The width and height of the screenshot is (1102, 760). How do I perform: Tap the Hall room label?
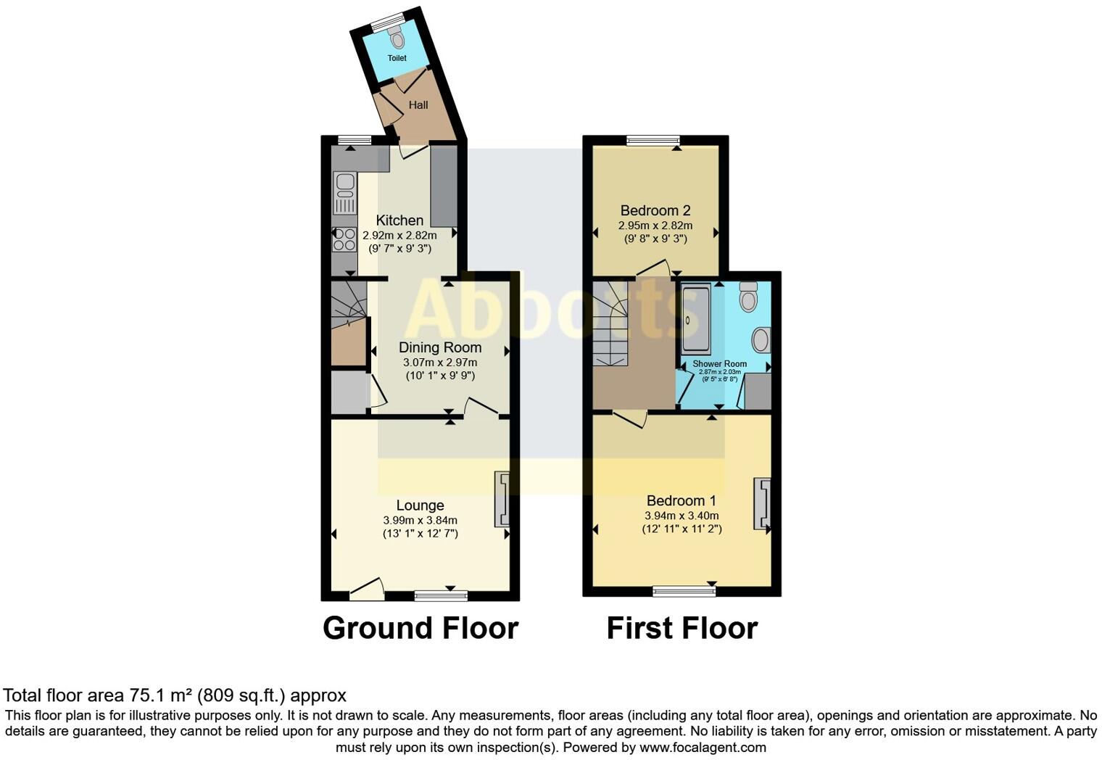[418, 104]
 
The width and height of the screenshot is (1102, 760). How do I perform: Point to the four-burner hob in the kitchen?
[344, 239]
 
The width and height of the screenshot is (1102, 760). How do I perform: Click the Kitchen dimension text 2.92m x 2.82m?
[399, 235]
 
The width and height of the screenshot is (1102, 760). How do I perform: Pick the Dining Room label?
[440, 347]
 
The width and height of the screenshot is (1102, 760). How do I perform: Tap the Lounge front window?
[441, 596]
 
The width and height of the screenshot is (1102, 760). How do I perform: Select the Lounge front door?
[367, 590]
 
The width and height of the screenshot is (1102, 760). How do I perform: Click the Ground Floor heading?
[420, 628]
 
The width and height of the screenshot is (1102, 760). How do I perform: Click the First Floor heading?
[681, 628]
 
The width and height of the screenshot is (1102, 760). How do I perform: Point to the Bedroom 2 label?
[655, 210]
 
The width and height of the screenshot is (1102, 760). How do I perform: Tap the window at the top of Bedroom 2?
[653, 141]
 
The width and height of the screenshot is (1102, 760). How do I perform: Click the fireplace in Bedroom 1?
[761, 503]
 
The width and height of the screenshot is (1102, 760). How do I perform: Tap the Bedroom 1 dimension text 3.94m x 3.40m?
[681, 516]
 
